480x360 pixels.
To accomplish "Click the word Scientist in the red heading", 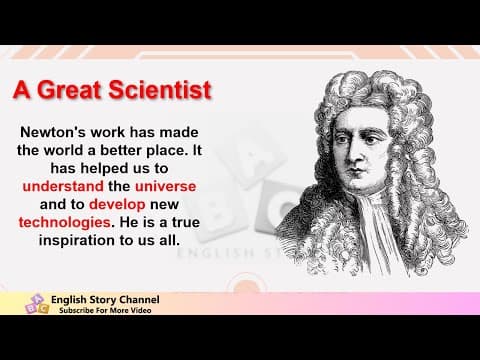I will [161, 90].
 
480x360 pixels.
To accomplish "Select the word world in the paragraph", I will [79, 150].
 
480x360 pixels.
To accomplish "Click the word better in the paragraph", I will [148, 150].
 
